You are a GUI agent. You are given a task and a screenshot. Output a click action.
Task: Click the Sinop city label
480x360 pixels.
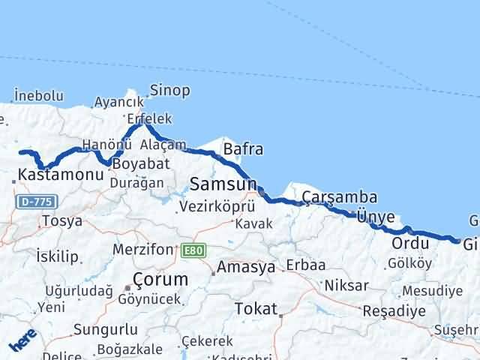[170, 91]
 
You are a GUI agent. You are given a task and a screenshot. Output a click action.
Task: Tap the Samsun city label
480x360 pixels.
[223, 184]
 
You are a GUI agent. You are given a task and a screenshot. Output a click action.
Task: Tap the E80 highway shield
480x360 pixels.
[192, 250]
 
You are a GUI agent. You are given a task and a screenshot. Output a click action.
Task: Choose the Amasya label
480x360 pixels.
[247, 267]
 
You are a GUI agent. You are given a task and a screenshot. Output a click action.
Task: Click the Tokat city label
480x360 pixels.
[256, 308]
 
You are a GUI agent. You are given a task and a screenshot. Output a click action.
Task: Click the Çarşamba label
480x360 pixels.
[340, 198]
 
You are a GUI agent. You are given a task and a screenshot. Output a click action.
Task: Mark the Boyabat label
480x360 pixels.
[141, 163]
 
